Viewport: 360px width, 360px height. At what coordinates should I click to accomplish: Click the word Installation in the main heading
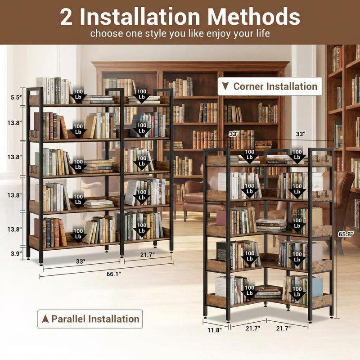pyautogui.click(x=140, y=17)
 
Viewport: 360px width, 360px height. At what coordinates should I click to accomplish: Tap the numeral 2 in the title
pyautogui.click(x=66, y=17)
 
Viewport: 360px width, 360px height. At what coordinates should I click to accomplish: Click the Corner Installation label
pyautogui.click(x=270, y=86)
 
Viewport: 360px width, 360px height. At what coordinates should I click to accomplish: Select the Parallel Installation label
pyautogui.click(x=90, y=319)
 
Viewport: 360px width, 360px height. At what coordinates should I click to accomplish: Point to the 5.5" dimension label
pyautogui.click(x=16, y=97)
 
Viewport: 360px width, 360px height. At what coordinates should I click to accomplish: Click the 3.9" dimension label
pyautogui.click(x=16, y=254)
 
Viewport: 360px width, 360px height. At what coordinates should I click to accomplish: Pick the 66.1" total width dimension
pyautogui.click(x=114, y=274)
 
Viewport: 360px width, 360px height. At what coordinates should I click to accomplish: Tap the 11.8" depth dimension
pyautogui.click(x=215, y=330)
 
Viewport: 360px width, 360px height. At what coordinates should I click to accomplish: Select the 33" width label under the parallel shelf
pyautogui.click(x=81, y=261)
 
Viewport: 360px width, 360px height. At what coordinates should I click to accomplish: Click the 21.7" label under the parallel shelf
pyautogui.click(x=148, y=254)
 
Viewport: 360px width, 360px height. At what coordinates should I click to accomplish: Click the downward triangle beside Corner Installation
pyautogui.click(x=226, y=86)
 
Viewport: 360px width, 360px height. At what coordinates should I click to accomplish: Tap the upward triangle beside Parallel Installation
pyautogui.click(x=45, y=319)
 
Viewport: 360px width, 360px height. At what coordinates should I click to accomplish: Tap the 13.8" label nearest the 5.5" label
pyautogui.click(x=14, y=123)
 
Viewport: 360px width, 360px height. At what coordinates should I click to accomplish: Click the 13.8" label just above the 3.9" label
pyautogui.click(x=14, y=229)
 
